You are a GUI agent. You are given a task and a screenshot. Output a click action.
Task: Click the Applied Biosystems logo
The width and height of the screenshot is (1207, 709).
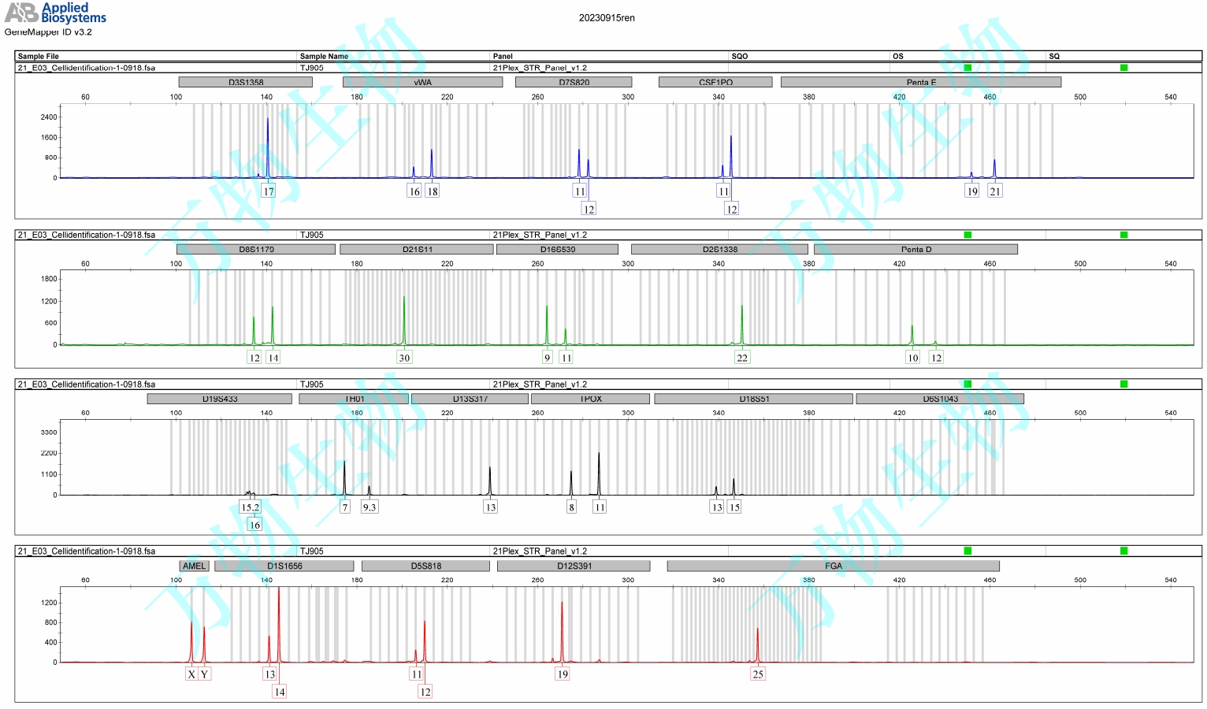[55, 13]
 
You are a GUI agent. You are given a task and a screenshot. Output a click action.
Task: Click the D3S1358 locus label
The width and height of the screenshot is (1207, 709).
[246, 82]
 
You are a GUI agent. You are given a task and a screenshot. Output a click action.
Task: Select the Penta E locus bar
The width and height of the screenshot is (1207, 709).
[920, 82]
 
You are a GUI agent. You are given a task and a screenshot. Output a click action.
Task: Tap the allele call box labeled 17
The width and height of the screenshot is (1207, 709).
[269, 191]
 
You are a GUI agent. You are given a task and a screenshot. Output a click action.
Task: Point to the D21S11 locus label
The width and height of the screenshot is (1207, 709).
[417, 249]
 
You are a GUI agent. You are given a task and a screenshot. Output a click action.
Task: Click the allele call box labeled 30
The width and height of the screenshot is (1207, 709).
[404, 358]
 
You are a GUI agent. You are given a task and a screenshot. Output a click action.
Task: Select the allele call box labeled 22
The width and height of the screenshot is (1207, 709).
[741, 358]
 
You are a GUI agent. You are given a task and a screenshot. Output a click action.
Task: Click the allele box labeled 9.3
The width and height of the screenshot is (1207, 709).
[369, 507]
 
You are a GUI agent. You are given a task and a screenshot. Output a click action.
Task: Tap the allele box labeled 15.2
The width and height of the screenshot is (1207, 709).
[250, 507]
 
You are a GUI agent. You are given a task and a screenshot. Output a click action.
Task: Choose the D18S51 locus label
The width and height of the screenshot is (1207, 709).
[753, 399]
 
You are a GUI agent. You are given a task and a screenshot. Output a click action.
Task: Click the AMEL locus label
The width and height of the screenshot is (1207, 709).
[194, 566]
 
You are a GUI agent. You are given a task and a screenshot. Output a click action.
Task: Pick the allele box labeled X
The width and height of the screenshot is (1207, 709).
[191, 674]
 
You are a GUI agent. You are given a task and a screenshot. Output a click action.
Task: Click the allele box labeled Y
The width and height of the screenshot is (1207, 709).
[204, 674]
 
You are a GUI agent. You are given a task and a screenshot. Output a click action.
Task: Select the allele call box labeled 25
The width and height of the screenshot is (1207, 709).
[758, 674]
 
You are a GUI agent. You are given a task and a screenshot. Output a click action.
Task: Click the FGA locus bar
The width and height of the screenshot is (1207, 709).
[833, 566]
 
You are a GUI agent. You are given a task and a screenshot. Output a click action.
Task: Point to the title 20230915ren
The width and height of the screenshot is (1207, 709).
[606, 18]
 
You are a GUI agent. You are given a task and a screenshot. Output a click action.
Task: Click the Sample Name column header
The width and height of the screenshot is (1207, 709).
[324, 56]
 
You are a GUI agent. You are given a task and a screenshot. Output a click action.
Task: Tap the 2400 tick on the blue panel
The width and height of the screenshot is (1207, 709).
[49, 117]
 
